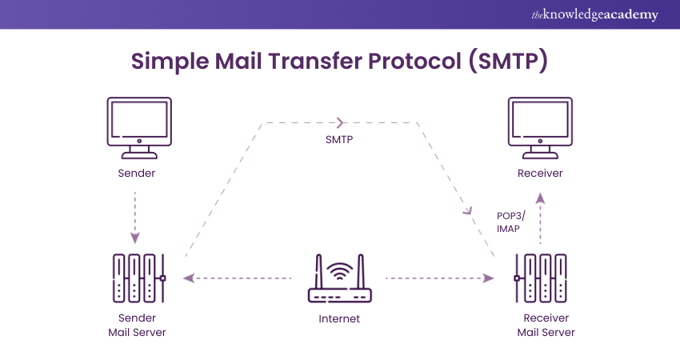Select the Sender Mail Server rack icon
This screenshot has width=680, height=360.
coord(138,278)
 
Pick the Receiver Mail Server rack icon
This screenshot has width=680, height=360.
coord(541,278)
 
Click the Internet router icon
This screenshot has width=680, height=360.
coord(339,284)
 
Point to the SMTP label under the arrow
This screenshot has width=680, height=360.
coord(339,139)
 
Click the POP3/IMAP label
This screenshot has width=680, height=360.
coord(509,222)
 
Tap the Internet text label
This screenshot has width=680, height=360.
coord(339,318)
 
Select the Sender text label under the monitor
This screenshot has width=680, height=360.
coord(137,173)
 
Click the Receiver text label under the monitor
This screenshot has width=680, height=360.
coord(540,173)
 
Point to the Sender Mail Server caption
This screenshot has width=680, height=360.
coord(137,325)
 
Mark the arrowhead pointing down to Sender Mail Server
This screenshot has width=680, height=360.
coord(136,238)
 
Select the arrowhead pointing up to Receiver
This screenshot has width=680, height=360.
coord(540,197)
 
